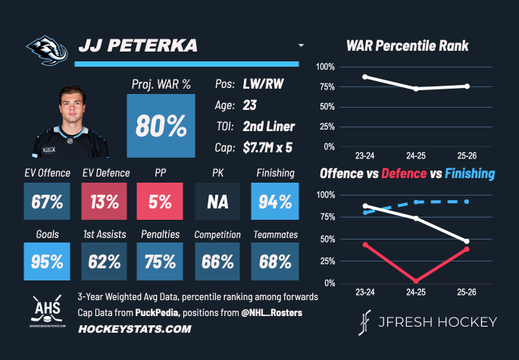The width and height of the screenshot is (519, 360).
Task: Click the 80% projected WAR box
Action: pyautogui.click(x=161, y=126)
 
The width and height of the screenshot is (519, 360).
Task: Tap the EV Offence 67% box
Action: pyautogui.click(x=47, y=202)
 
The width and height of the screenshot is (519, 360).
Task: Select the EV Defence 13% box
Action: pyautogui.click(x=105, y=202)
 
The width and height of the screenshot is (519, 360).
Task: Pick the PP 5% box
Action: pyautogui.click(x=161, y=202)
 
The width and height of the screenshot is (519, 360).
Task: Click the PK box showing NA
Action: pyautogui.click(x=217, y=202)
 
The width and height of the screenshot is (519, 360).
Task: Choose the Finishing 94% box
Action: pyautogui.click(x=274, y=202)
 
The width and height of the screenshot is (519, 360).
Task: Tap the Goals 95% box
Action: pyautogui.click(x=47, y=261)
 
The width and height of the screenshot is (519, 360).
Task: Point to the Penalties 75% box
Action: pyautogui.click(x=161, y=261)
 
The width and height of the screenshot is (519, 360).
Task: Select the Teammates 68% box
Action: pyautogui.click(x=274, y=261)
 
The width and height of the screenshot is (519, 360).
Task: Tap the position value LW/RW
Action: pyautogui.click(x=263, y=84)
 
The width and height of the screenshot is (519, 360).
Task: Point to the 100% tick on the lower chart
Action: pyautogui.click(x=325, y=195)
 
